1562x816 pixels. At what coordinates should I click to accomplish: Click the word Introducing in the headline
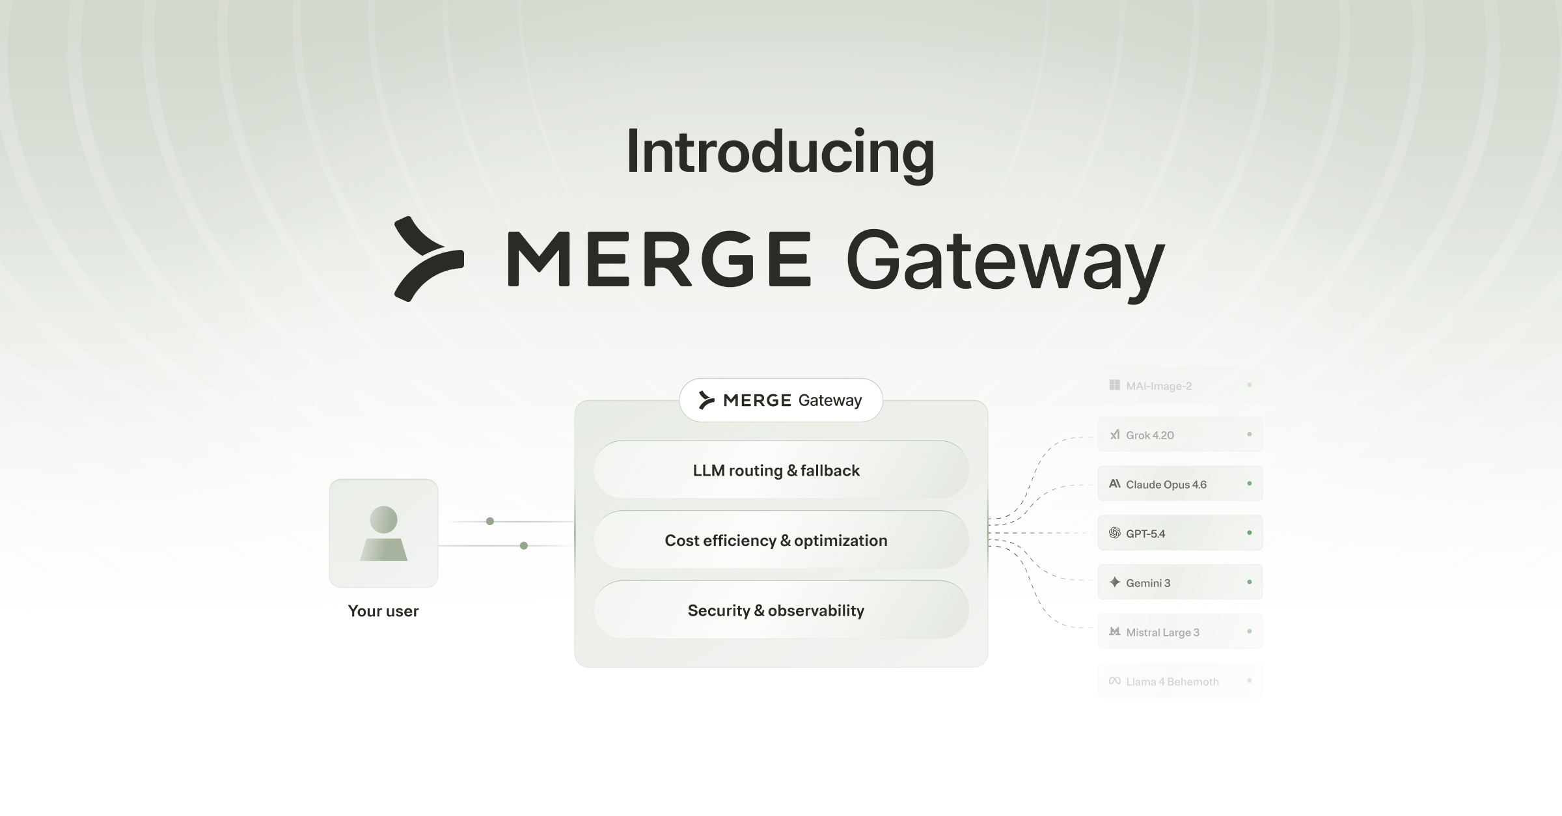click(780, 153)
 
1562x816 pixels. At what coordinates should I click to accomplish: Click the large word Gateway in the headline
click(1004, 262)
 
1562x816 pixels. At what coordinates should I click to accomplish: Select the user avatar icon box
click(383, 534)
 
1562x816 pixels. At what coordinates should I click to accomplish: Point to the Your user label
click(383, 611)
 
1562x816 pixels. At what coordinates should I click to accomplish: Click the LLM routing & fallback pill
click(780, 470)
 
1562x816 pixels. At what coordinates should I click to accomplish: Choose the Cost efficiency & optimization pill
click(780, 540)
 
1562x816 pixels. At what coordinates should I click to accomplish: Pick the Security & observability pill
click(780, 610)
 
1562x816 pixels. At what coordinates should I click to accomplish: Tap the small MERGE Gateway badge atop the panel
click(780, 400)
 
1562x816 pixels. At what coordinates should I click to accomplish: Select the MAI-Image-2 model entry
click(1179, 386)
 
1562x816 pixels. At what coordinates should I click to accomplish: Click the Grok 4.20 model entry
click(1179, 435)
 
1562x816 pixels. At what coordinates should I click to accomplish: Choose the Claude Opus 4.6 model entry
click(1179, 484)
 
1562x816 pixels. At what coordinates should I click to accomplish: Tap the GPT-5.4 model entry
click(1179, 534)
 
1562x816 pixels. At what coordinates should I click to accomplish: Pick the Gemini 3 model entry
click(1179, 582)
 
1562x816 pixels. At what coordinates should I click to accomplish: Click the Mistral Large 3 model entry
click(1179, 632)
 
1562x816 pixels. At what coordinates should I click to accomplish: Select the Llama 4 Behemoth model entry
click(1179, 681)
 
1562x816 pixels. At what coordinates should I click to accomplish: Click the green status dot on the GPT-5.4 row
click(1249, 533)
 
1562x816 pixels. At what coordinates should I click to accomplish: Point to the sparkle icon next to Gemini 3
click(1114, 582)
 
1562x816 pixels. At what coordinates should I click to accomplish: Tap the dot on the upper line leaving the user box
click(490, 521)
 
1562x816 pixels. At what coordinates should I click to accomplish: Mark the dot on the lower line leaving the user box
click(524, 545)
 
